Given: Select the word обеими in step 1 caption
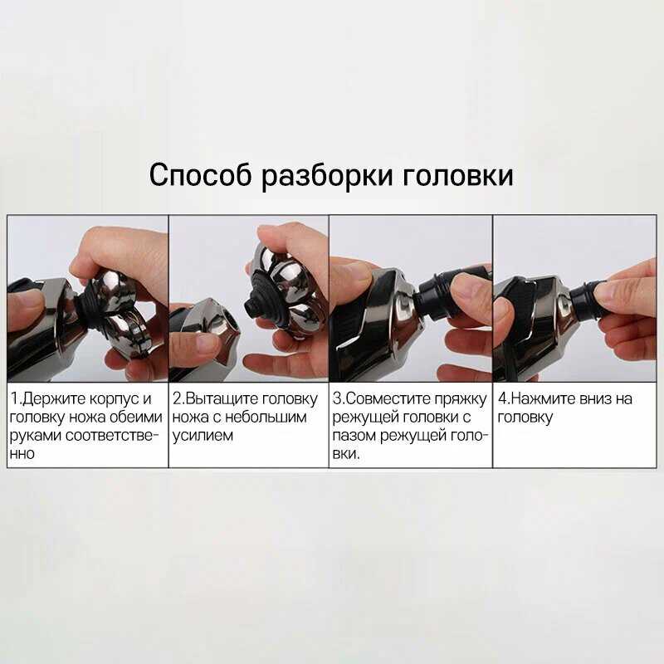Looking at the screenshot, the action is pos(136,417).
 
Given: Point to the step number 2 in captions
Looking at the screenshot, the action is pos(177,399).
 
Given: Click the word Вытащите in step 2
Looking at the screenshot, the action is pos(222,399).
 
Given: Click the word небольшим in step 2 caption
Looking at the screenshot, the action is pos(265,417).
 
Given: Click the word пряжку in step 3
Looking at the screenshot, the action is pos(461,400).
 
